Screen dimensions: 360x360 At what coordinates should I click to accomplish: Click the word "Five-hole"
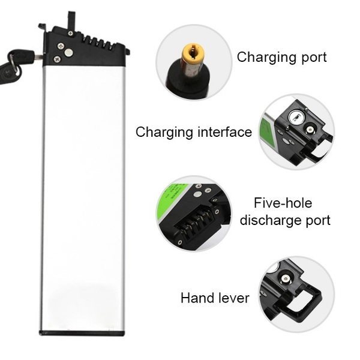coord(283,203)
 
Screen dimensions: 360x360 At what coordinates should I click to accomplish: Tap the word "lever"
coord(235,298)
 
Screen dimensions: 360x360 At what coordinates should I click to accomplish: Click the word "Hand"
coord(199,298)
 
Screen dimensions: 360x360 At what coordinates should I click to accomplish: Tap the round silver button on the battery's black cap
coord(68,53)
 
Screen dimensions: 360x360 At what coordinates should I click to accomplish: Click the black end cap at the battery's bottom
coord(82,333)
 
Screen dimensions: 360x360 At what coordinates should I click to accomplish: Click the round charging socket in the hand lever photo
coord(286,279)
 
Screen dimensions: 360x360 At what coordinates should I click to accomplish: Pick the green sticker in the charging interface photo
coord(267,133)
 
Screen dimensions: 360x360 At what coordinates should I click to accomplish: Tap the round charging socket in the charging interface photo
coord(310,130)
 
